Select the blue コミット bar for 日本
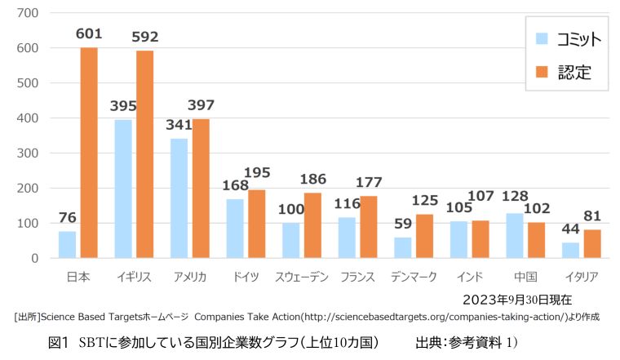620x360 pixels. click(67, 245)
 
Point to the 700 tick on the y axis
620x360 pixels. click(28, 13)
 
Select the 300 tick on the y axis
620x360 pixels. click(28, 153)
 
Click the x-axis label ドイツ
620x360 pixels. click(245, 277)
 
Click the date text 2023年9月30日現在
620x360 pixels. click(517, 300)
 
